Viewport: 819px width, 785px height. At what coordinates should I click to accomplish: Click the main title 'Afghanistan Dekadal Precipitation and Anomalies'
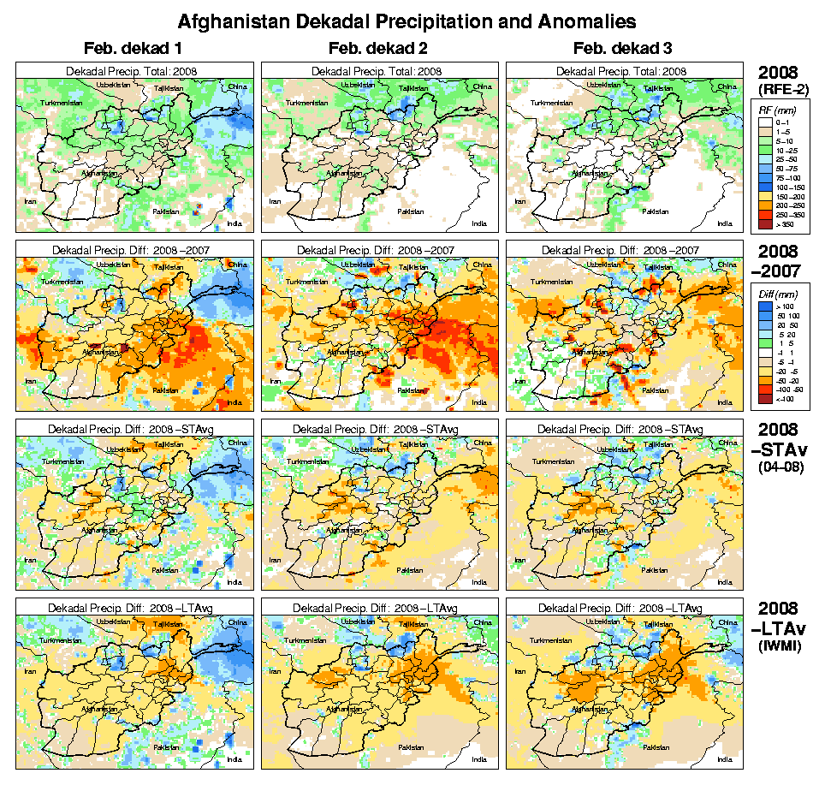[407, 21]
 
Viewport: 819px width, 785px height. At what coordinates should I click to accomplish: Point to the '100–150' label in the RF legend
[786, 186]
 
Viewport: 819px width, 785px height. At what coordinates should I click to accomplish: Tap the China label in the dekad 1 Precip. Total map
[237, 86]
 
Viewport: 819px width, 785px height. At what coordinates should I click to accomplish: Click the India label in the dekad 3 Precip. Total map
[725, 223]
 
